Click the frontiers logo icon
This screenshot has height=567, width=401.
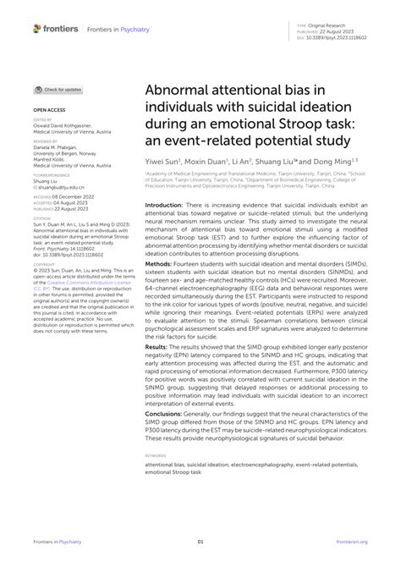[37, 29]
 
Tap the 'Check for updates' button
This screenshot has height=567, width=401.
[58, 90]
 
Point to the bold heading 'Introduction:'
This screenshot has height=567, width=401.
[167, 205]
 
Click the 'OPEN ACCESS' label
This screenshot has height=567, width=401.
[51, 110]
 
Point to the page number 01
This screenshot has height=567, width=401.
[200, 542]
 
